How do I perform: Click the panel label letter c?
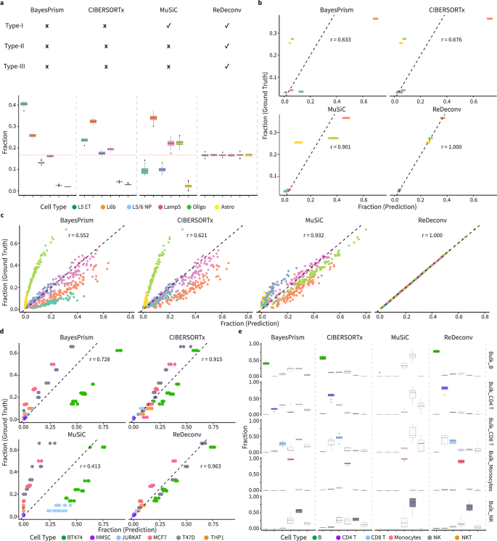4,217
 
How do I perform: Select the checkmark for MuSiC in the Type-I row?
168,28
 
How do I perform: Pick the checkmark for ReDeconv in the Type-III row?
229,67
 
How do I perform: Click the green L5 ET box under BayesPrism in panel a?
24,104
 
